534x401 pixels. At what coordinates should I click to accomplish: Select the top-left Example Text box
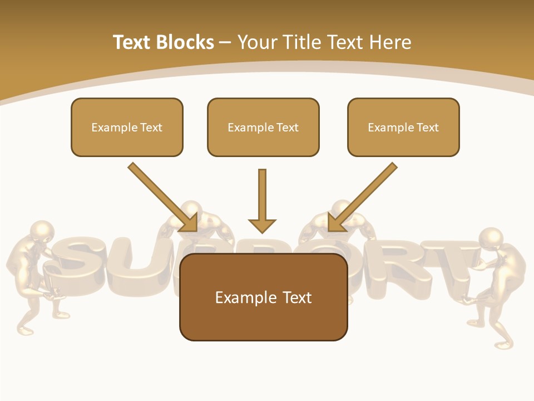coord(127,128)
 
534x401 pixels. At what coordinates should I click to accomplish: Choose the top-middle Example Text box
coord(263,128)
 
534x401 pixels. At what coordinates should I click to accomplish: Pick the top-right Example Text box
coord(403,128)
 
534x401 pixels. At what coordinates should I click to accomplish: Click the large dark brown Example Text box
coord(263,297)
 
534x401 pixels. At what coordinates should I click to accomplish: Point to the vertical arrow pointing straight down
coord(262,200)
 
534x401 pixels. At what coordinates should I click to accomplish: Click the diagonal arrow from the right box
coord(362,197)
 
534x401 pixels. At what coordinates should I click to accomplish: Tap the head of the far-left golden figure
coord(42,231)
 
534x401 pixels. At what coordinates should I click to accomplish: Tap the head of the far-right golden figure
coord(491,237)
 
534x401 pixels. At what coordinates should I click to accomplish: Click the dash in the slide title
coord(225,42)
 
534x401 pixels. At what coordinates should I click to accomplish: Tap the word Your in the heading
coord(257,42)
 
